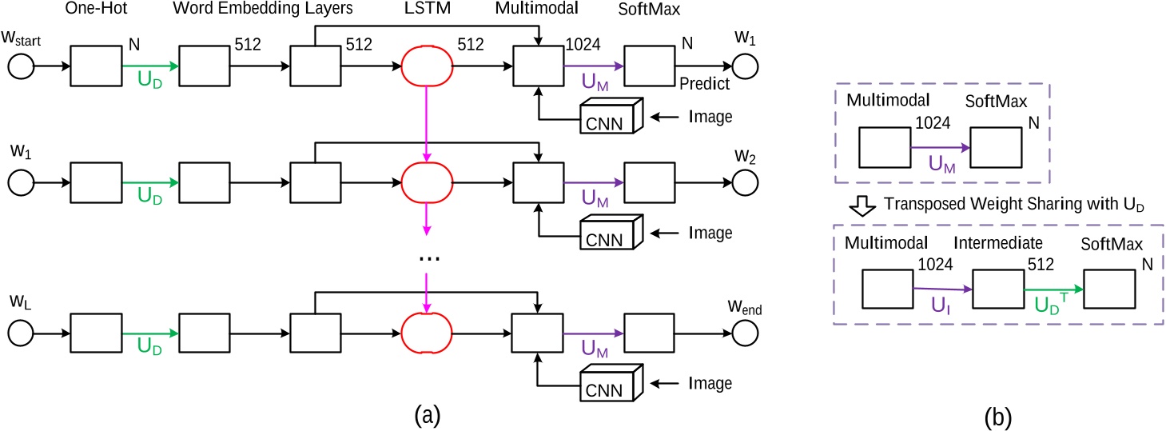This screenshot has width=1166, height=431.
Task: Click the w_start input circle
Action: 22,67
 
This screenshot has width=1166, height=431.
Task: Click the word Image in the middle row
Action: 710,233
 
